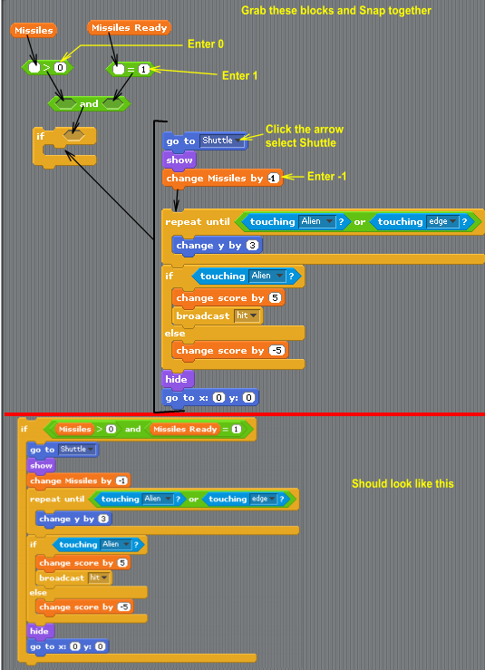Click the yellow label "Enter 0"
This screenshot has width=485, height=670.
tap(206, 44)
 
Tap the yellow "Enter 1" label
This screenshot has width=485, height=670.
tap(239, 75)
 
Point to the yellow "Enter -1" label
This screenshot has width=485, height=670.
tap(327, 176)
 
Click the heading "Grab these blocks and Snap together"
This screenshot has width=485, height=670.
tap(336, 10)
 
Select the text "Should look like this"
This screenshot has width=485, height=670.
tap(403, 483)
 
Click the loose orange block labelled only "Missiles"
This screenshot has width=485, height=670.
tap(34, 30)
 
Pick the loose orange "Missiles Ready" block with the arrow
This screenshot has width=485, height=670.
tap(129, 28)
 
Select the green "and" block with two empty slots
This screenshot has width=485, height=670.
tap(89, 103)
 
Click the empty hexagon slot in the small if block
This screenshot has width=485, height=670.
tap(74, 135)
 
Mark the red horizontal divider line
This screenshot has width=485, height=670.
tap(245, 414)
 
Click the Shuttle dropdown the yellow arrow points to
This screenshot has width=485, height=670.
tap(223, 141)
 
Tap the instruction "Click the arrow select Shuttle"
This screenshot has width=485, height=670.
tap(305, 136)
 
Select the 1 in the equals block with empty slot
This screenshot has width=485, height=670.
tap(144, 69)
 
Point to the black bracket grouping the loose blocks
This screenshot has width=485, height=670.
tap(155, 267)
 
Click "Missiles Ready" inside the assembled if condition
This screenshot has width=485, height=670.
tap(185, 429)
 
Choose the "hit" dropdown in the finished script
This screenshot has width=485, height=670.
tap(99, 578)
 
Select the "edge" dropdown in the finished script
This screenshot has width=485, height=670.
tap(262, 499)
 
